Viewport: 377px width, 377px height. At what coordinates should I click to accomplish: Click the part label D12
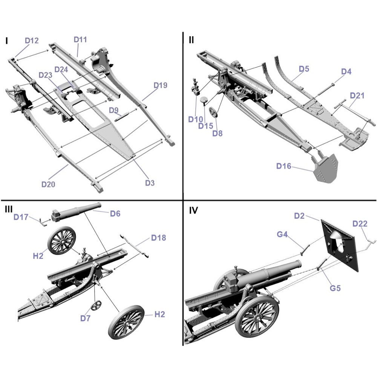(32, 41)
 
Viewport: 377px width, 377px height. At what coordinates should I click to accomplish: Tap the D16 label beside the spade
(284, 166)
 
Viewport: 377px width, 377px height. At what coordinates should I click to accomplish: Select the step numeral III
(9, 210)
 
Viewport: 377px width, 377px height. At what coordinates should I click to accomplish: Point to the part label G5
(335, 288)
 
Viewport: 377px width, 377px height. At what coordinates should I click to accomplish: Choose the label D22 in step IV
(360, 224)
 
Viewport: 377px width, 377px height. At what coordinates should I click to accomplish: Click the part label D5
(304, 69)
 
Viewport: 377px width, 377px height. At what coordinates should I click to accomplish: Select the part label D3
(150, 183)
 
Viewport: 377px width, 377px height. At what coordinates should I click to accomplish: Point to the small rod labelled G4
(305, 249)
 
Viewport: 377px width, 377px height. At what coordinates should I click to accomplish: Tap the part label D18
(158, 238)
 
